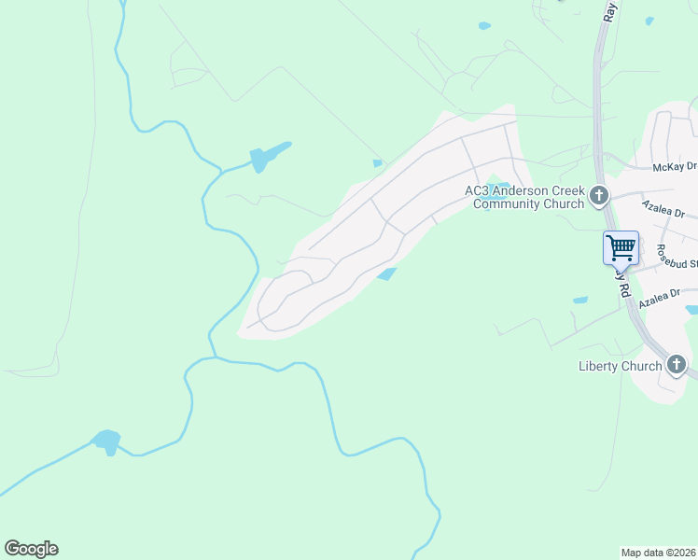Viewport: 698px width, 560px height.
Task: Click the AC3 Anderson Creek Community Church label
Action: pyautogui.click(x=524, y=197)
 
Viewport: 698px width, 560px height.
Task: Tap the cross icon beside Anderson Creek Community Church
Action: pyautogui.click(x=599, y=196)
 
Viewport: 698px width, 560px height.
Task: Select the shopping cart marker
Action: pyautogui.click(x=621, y=249)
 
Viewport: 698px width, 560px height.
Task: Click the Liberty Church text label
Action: pyautogui.click(x=621, y=366)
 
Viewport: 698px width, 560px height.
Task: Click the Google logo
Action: pyautogui.click(x=31, y=549)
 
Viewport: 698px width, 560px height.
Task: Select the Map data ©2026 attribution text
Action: pyautogui.click(x=659, y=552)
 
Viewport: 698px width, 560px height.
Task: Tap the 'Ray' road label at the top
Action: pyautogui.click(x=610, y=11)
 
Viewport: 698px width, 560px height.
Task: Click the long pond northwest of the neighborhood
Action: pyautogui.click(x=267, y=155)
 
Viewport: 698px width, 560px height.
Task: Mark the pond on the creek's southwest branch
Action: pyautogui.click(x=107, y=441)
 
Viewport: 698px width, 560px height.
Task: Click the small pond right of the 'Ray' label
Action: pyautogui.click(x=649, y=20)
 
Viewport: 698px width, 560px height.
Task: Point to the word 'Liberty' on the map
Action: pyautogui.click(x=599, y=366)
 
